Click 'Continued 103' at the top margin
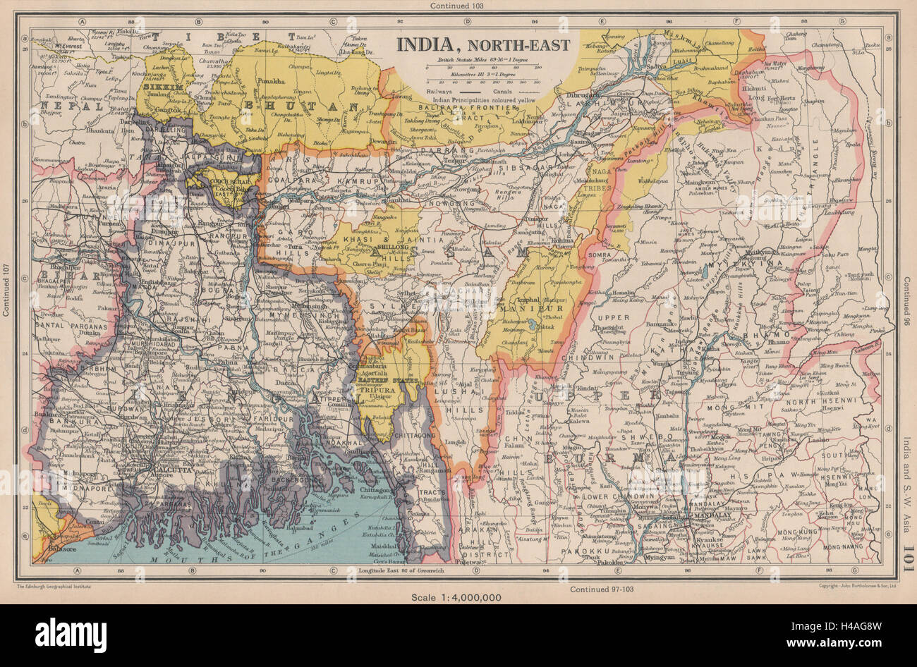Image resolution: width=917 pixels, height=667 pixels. [457, 6]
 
